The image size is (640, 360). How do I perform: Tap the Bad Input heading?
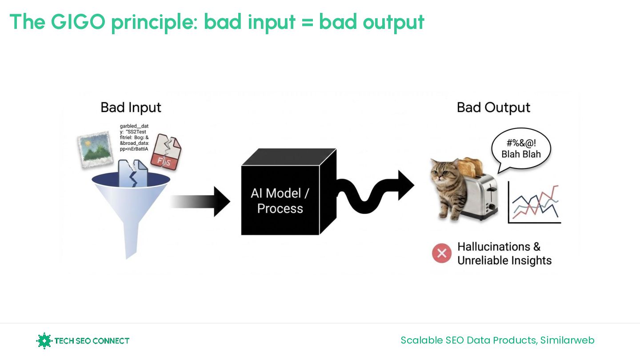pos(131,108)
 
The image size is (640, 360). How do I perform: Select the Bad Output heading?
pos(493,108)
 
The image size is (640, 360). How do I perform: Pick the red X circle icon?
pos(442,253)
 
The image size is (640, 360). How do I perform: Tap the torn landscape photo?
pos(94,149)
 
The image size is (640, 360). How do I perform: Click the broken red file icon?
pos(165,153)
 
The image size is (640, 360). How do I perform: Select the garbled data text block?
pos(134,137)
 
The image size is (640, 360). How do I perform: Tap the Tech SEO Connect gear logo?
pos(44,341)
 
